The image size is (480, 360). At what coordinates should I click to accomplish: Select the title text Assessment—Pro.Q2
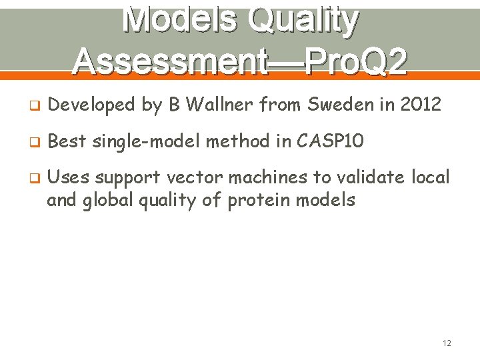[x=240, y=61]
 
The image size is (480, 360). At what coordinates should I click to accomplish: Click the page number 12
[x=446, y=343]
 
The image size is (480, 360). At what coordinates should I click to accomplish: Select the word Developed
[x=92, y=104]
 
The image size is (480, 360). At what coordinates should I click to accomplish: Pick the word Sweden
[x=333, y=104]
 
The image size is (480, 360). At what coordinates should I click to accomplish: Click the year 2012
[x=418, y=104]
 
